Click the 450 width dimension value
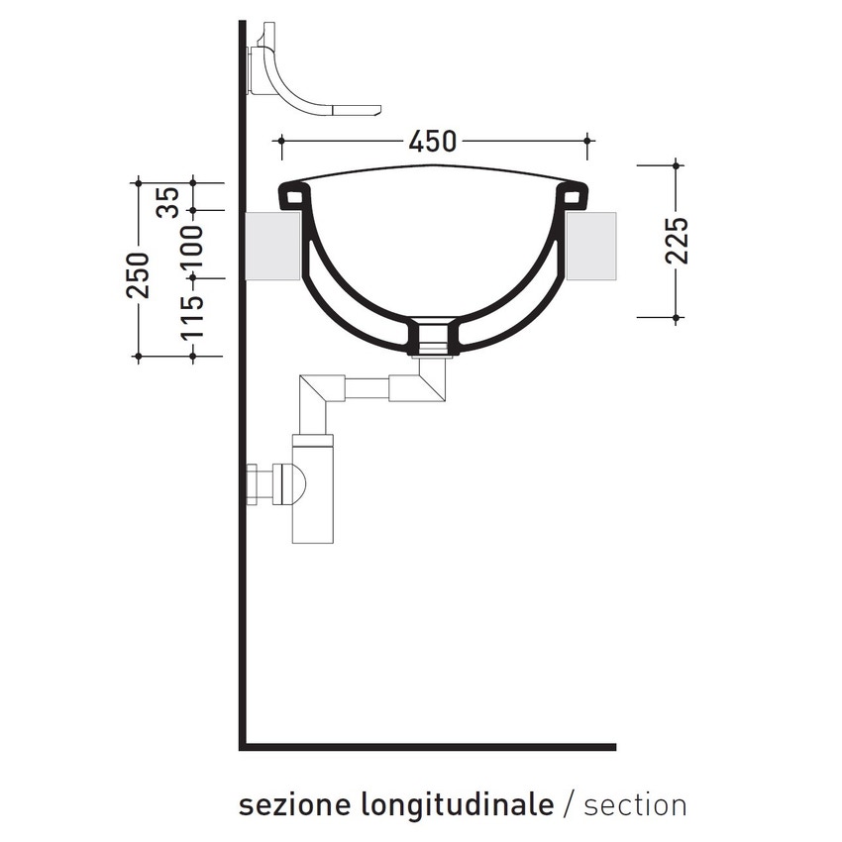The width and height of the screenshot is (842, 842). click(x=433, y=143)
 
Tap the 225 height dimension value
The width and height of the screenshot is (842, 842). click(x=678, y=240)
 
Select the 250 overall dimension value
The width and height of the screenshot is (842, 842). click(x=138, y=274)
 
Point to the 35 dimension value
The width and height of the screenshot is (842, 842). click(x=168, y=201)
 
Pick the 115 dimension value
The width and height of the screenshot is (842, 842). click(x=192, y=318)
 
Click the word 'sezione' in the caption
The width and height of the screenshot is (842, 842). click(x=287, y=804)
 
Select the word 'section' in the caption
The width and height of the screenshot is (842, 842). click(x=635, y=804)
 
